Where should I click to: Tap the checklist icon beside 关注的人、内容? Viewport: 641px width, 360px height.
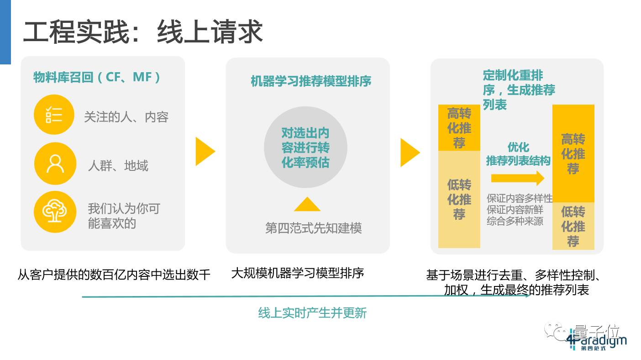click(x=54, y=114)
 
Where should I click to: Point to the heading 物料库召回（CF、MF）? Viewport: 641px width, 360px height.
click(x=97, y=77)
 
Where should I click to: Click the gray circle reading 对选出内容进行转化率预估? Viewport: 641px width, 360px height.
click(x=305, y=148)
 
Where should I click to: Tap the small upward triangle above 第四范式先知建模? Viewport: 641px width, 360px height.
click(x=307, y=204)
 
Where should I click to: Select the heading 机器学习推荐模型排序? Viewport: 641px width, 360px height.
click(x=310, y=81)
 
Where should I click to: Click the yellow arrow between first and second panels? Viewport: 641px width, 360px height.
click(x=205, y=151)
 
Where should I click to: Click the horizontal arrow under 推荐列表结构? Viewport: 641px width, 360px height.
click(x=518, y=178)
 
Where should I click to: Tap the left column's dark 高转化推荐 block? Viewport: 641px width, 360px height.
click(x=459, y=128)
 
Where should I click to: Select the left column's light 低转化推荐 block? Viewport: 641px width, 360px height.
click(x=459, y=200)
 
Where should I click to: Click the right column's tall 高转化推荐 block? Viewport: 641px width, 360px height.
click(x=573, y=154)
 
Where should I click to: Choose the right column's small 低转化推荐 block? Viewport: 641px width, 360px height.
click(x=573, y=226)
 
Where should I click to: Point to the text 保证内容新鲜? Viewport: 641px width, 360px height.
click(x=515, y=210)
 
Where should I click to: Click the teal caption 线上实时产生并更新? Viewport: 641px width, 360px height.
click(x=312, y=313)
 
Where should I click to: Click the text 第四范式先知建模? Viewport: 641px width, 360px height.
click(x=313, y=228)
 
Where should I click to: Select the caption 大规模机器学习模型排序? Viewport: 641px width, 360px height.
click(x=297, y=273)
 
